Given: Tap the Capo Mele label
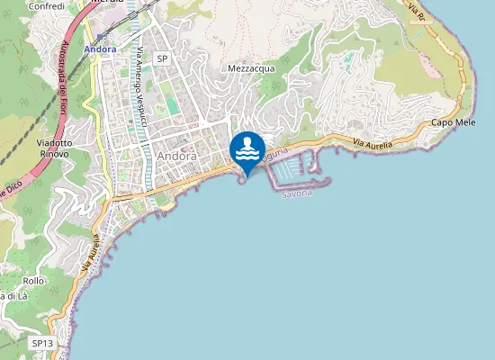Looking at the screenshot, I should pyautogui.click(x=454, y=121).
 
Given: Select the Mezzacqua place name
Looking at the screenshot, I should pyautogui.click(x=251, y=67).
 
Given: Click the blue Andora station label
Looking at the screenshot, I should pyautogui.click(x=100, y=49).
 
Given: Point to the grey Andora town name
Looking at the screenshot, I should pyautogui.click(x=175, y=155).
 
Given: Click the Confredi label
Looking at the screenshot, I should pyautogui.click(x=47, y=5).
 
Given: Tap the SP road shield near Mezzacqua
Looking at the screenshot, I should pyautogui.click(x=162, y=58).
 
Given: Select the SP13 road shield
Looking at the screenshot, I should pyautogui.click(x=42, y=343).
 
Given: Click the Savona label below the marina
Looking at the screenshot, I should pyautogui.click(x=296, y=193).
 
